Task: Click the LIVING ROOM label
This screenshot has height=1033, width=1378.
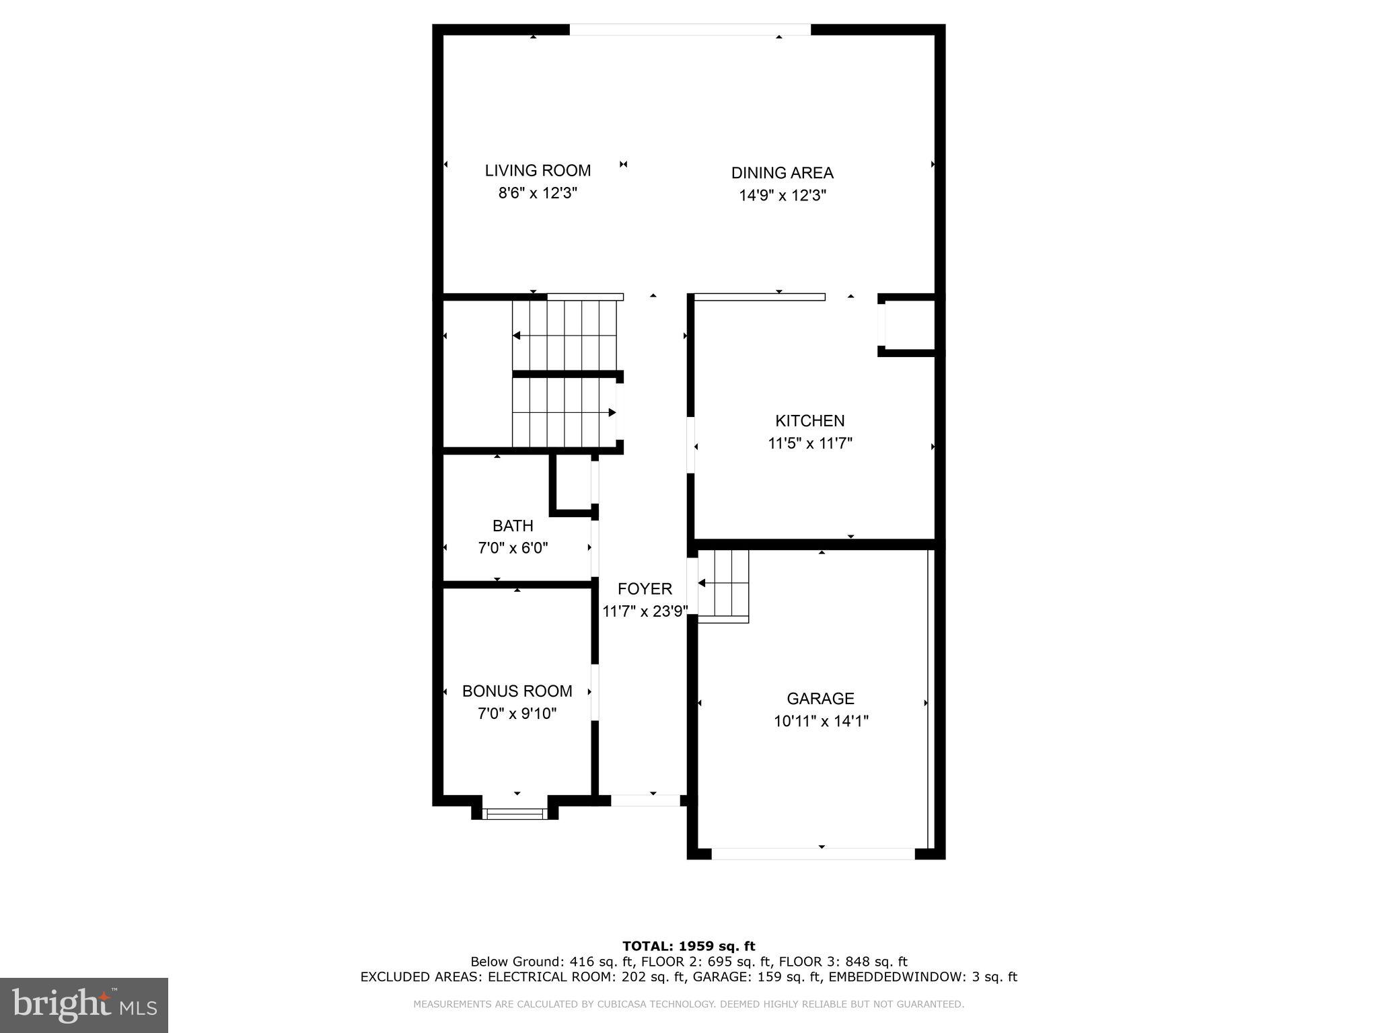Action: pyautogui.click(x=538, y=171)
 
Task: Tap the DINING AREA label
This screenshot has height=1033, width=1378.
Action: pyautogui.click(x=782, y=173)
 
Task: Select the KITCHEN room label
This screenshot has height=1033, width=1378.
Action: pyautogui.click(x=809, y=421)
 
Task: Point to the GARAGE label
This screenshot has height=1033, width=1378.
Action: pyautogui.click(x=820, y=699)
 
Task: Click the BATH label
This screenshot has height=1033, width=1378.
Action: pyautogui.click(x=513, y=526)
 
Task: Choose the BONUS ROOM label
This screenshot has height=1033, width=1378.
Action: pyautogui.click(x=517, y=691)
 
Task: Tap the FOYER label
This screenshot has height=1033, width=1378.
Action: pyautogui.click(x=645, y=589)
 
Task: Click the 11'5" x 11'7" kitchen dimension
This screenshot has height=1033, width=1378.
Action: pyautogui.click(x=809, y=444)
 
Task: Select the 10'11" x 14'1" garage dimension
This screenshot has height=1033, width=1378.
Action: pyautogui.click(x=820, y=722)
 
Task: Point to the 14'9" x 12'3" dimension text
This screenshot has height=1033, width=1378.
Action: pyautogui.click(x=782, y=196)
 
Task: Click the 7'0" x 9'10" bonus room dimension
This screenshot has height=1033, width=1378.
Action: pyautogui.click(x=517, y=714)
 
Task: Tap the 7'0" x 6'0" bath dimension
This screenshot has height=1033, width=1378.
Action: pyautogui.click(x=513, y=548)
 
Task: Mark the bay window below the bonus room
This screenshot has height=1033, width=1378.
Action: pyautogui.click(x=515, y=814)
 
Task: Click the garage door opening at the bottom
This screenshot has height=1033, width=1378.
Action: pyautogui.click(x=813, y=853)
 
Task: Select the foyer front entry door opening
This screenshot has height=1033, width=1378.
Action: pyautogui.click(x=645, y=800)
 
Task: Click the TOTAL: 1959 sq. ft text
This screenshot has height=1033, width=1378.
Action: pyautogui.click(x=688, y=946)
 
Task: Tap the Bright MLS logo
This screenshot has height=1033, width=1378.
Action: pyautogui.click(x=84, y=1005)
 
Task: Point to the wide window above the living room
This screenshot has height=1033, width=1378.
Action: pyautogui.click(x=690, y=30)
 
